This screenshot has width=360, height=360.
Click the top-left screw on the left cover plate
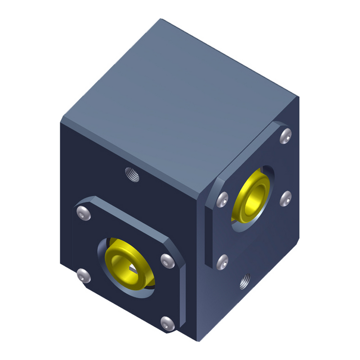[82, 212]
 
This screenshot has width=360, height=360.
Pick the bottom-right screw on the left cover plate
[166, 322]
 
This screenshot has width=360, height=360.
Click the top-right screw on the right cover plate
[284, 134]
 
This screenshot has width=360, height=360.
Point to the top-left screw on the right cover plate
[221, 198]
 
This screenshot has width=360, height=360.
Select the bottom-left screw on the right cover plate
[221, 261]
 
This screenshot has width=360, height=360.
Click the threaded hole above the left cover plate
[132, 174]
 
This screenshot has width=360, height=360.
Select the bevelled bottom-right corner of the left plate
[182, 326]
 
